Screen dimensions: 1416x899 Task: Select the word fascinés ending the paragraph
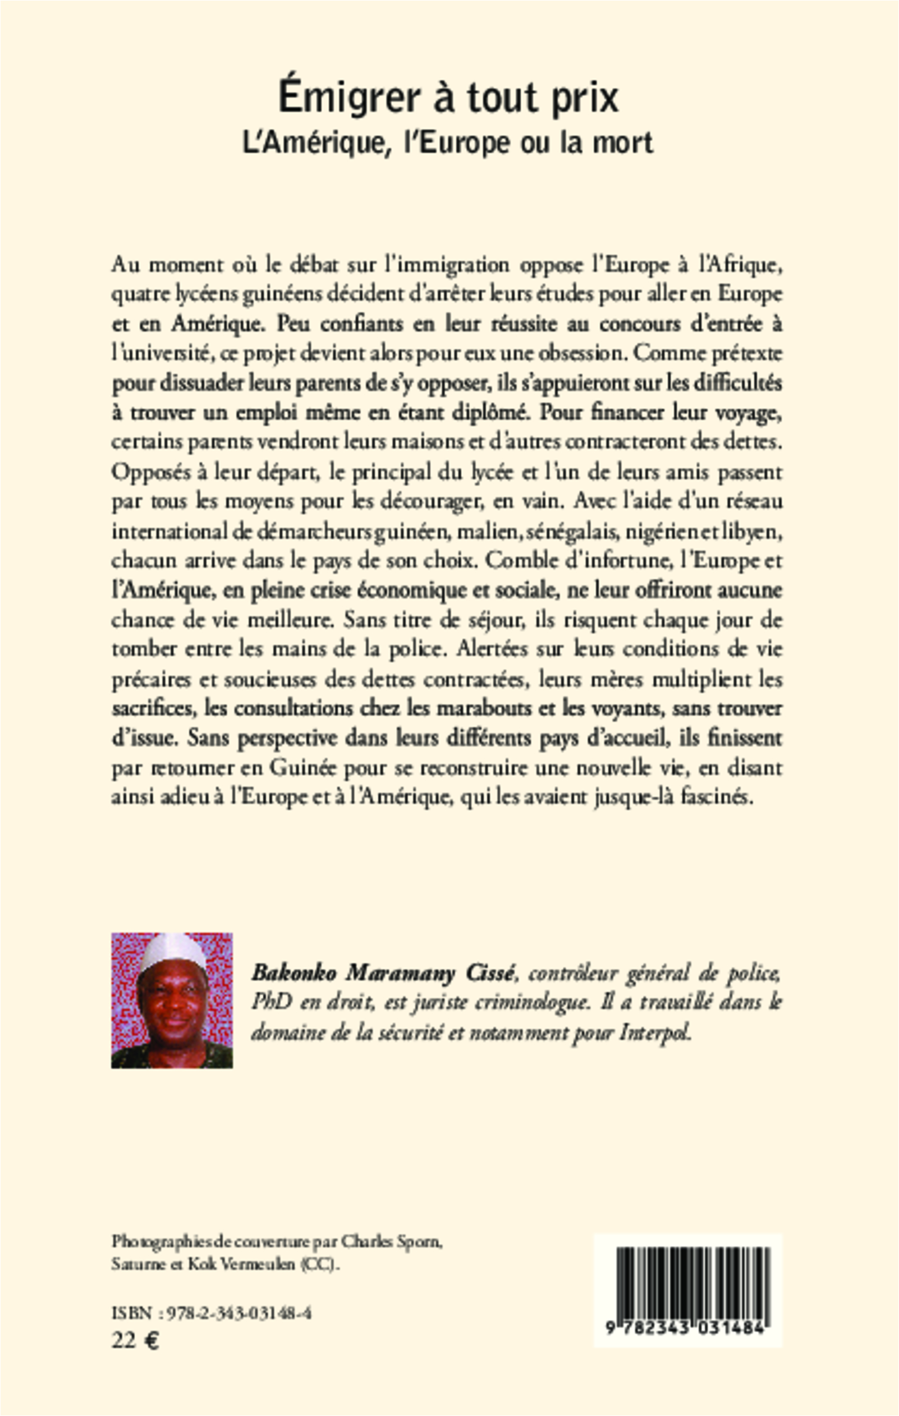[x=724, y=797]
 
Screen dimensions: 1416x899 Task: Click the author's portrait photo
[x=172, y=1000]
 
